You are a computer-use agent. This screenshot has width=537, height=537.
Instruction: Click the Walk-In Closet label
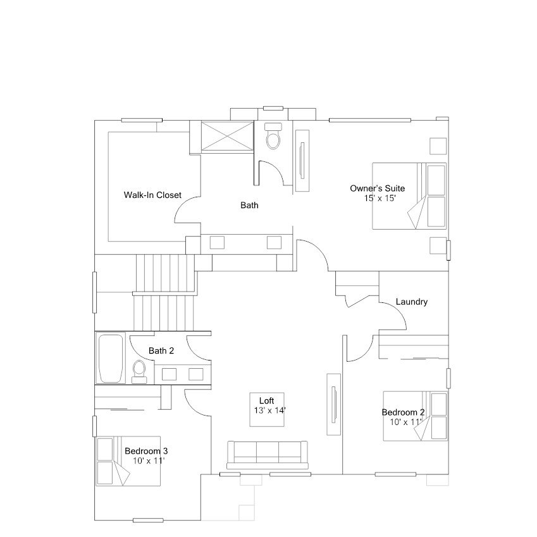coord(152,195)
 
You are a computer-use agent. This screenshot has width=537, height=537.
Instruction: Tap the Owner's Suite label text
coord(378,188)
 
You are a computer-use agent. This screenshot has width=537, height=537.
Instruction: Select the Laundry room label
coord(412,302)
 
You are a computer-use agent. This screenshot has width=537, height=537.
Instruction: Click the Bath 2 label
coord(161,351)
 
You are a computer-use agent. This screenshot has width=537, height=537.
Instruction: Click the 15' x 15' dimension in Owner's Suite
coord(380,198)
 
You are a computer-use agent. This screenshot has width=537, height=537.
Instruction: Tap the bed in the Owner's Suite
coord(409,196)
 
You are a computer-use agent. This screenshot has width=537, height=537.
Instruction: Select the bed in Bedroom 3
coord(128,460)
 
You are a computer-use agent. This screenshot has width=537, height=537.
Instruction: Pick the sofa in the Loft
coord(268,454)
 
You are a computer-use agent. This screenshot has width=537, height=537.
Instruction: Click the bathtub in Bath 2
coord(111,359)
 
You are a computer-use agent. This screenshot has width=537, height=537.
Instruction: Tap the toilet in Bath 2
coord(139,369)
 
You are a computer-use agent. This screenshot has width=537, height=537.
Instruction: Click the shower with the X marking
coord(226,135)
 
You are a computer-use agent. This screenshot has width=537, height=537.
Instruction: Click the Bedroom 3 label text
coord(146,451)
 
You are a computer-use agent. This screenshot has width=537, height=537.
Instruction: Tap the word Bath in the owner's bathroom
coord(249,205)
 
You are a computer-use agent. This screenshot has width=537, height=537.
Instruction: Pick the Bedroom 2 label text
coord(403,412)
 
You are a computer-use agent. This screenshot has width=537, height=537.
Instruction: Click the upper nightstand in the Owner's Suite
coord(438,145)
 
